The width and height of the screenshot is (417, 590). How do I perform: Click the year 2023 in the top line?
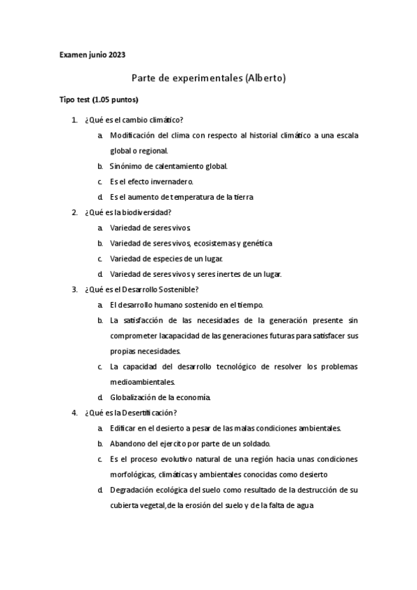[x=116, y=54]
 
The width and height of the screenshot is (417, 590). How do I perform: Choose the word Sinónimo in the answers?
[x=125, y=166]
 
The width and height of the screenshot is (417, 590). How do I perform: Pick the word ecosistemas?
[x=211, y=243]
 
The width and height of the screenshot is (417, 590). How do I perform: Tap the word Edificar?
[x=124, y=428]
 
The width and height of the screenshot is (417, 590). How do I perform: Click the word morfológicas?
[x=132, y=474]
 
